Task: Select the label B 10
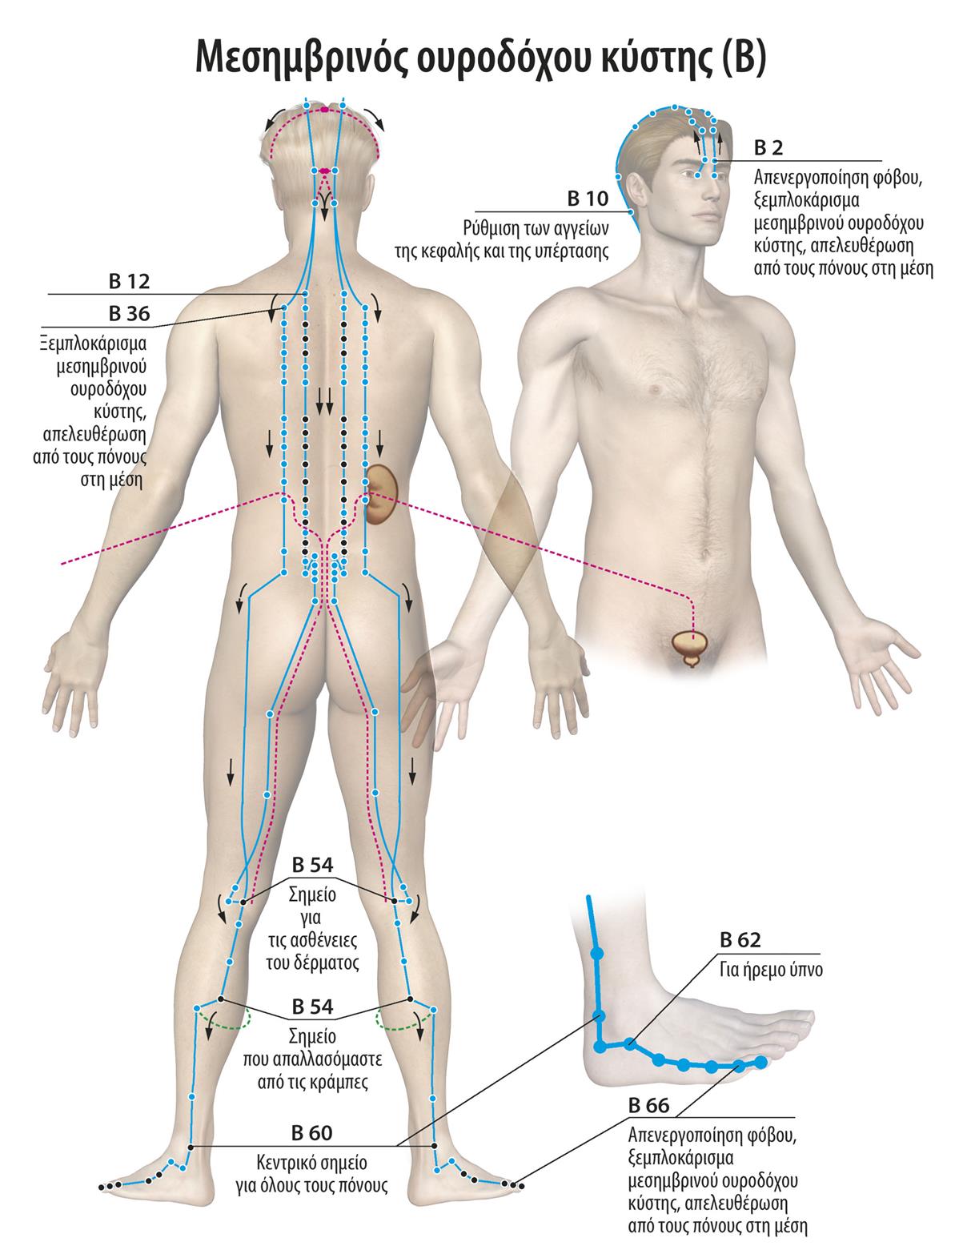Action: (588, 198)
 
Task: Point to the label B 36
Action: (130, 313)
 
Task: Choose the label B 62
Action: (740, 940)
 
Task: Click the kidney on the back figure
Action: (384, 494)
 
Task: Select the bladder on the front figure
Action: (691, 645)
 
